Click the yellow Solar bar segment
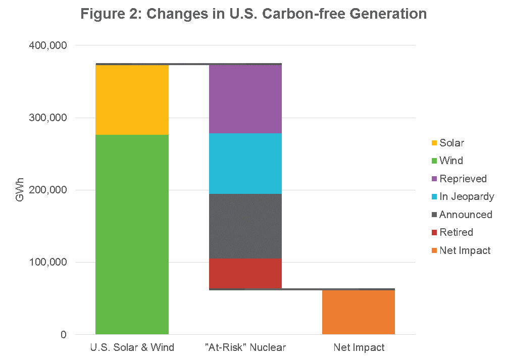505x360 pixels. [132, 100]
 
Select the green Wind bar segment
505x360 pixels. [132, 234]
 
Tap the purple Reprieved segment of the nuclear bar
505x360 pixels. [245, 99]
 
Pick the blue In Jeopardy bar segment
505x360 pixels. [245, 164]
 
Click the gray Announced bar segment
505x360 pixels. [245, 226]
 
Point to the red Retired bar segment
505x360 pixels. [245, 273]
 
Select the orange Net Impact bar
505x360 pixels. [358, 312]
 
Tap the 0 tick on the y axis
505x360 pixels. [63, 335]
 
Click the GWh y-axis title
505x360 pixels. [19, 190]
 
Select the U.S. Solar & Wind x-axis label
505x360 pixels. [132, 347]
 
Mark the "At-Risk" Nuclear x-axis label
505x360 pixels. [245, 347]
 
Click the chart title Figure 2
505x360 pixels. [253, 14]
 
